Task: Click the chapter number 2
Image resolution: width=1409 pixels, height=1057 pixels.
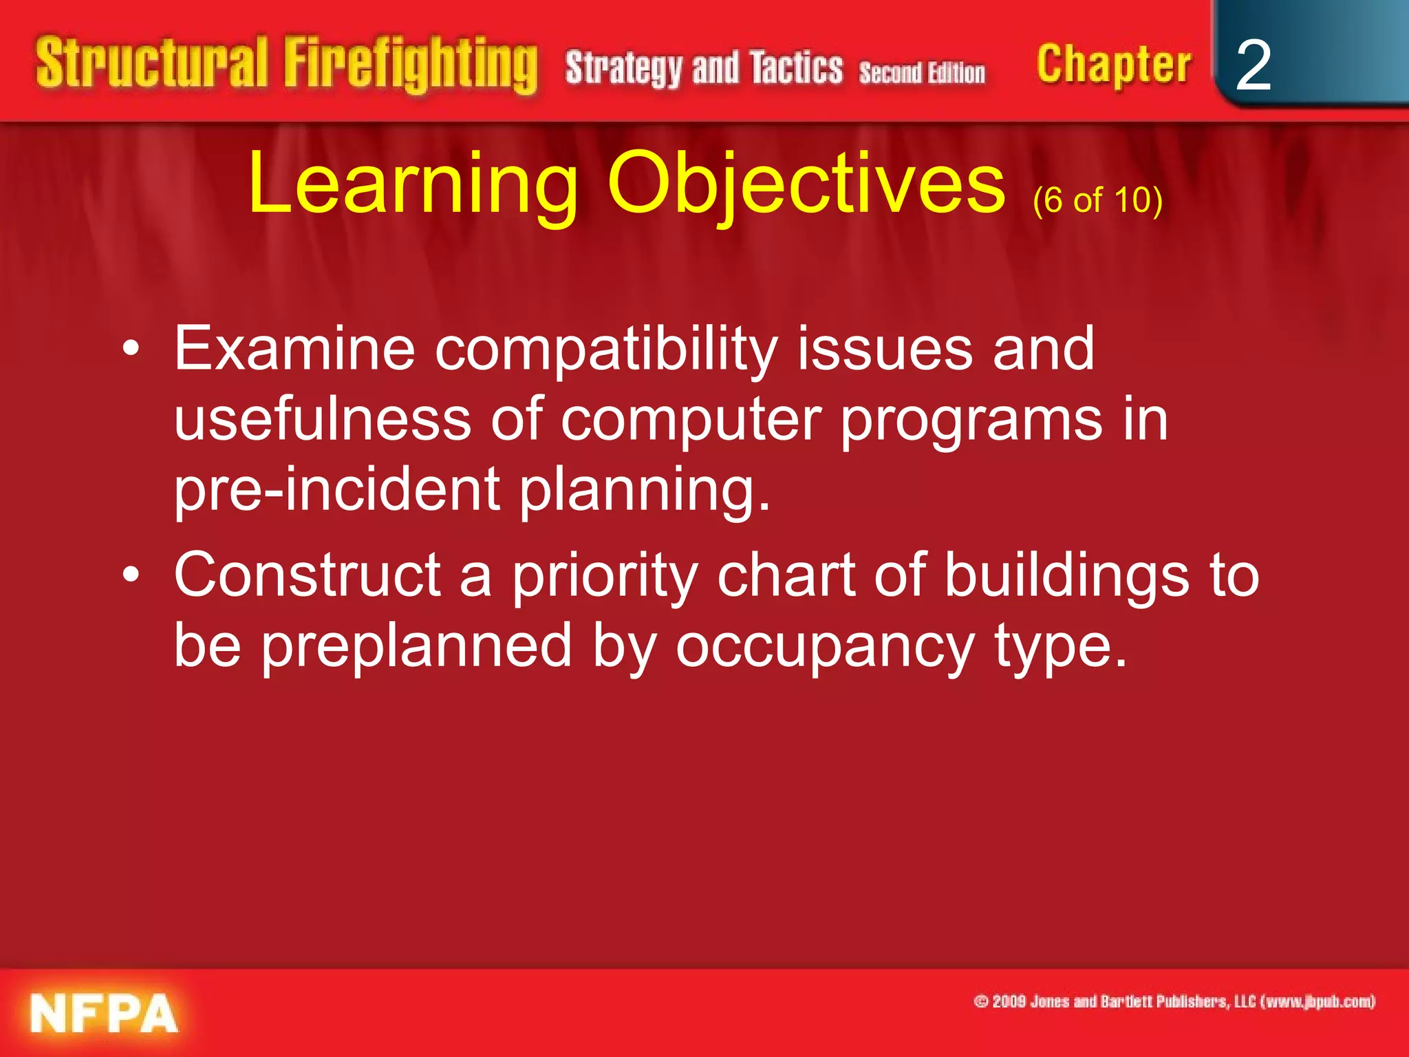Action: coord(1253,65)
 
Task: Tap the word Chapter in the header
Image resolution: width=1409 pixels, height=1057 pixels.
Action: coord(1114,65)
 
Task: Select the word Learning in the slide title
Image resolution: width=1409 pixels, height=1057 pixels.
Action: coord(413,184)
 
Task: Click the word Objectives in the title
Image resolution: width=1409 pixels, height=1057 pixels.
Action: coord(806,184)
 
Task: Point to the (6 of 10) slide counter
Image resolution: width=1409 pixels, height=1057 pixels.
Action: coord(1097,200)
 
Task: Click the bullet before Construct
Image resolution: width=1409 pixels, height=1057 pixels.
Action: coord(131,575)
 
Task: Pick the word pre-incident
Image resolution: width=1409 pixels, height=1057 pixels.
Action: coord(336,490)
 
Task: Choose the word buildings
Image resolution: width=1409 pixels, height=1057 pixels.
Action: coord(1066,577)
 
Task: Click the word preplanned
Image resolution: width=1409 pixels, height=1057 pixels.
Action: coord(416,647)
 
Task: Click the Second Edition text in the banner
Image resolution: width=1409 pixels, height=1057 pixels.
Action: coord(922,72)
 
